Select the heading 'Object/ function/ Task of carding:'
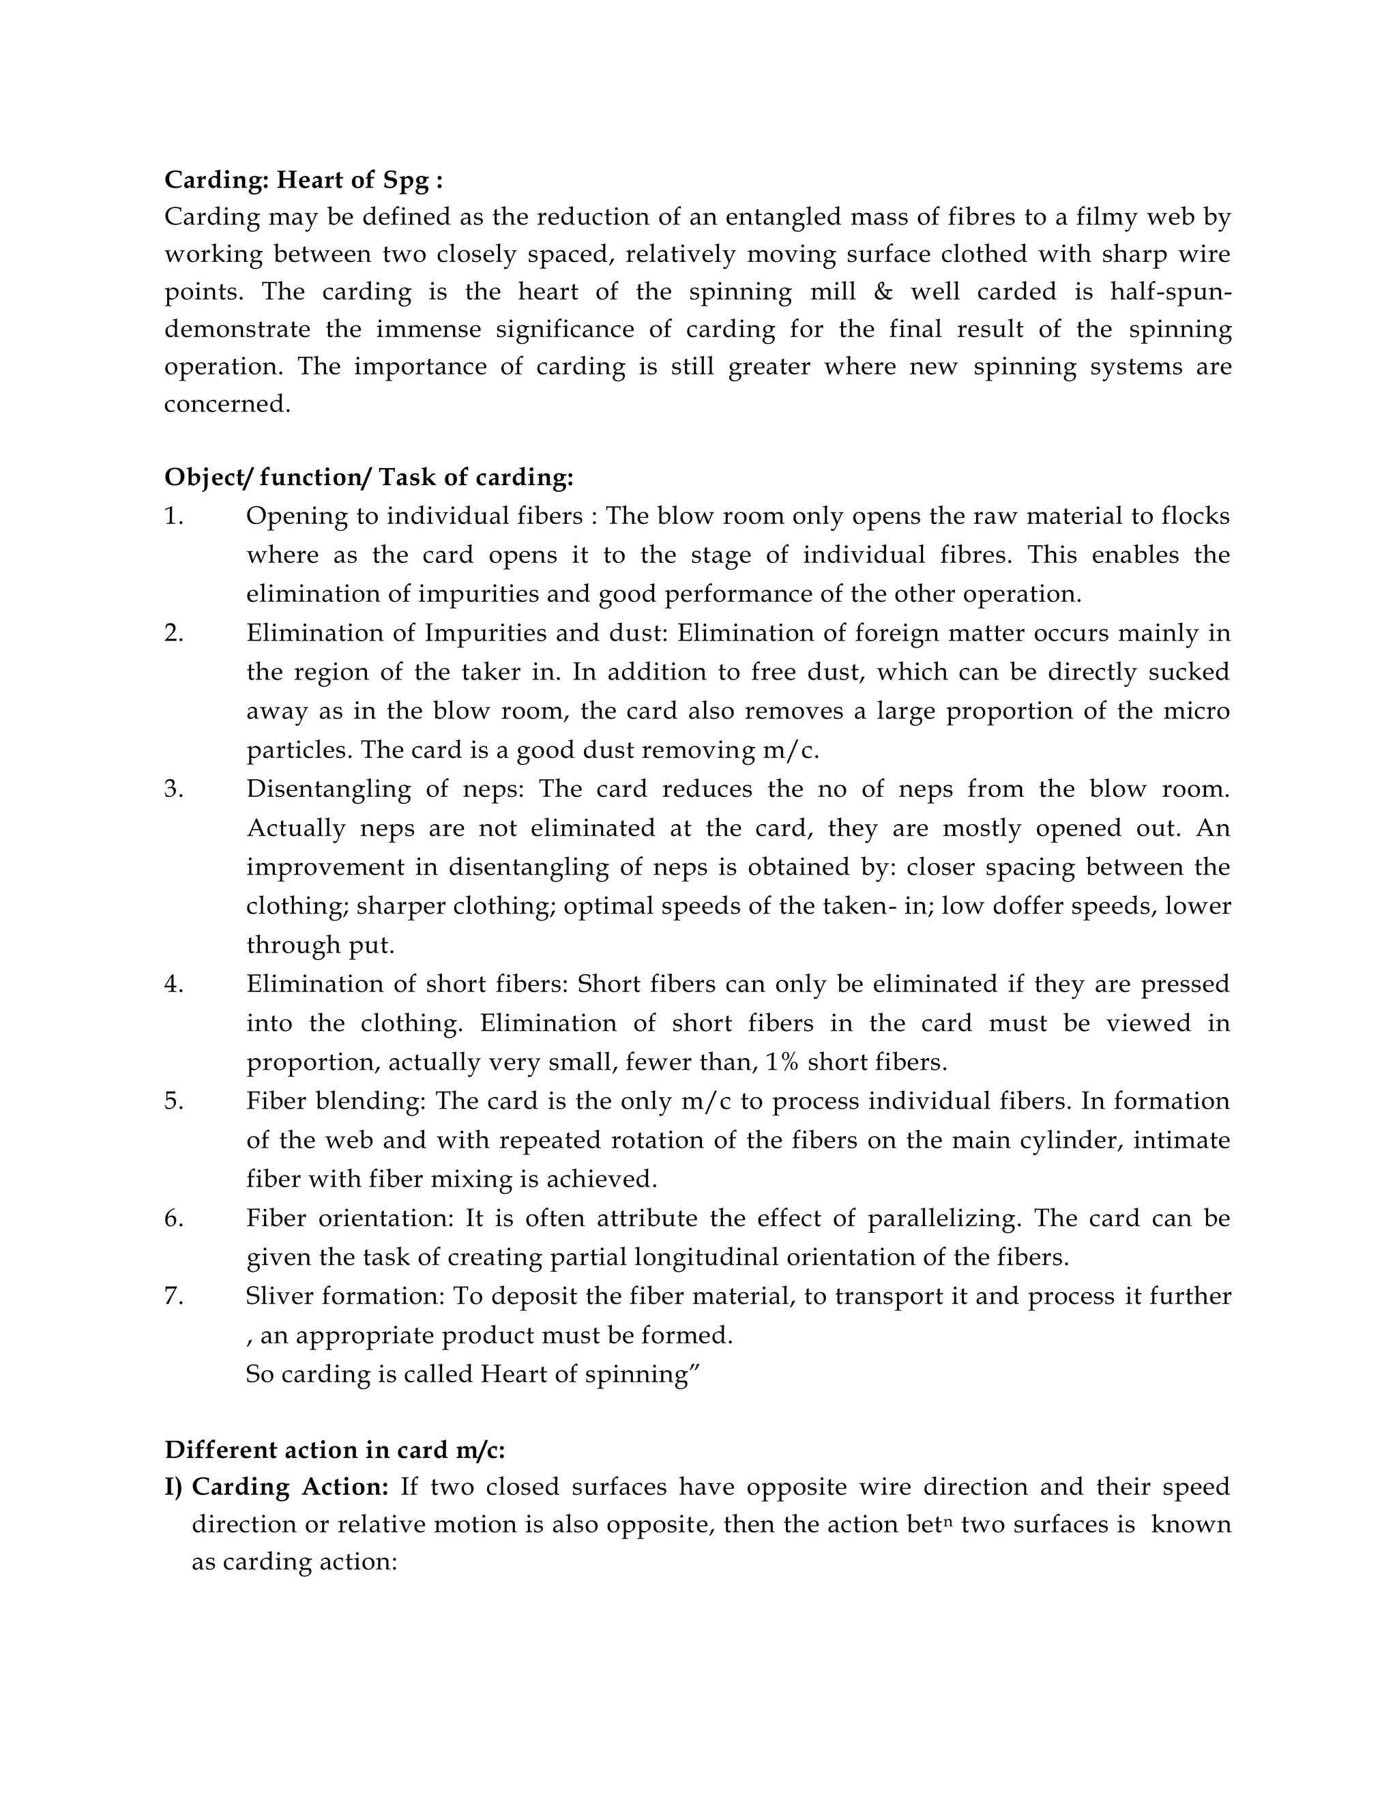368,478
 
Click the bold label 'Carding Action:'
290,1487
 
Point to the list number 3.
174,789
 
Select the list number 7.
174,1296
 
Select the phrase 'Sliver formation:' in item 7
345,1296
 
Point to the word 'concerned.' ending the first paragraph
228,405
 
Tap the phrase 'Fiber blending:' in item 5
335,1101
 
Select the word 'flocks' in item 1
1195,516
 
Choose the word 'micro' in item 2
1201,711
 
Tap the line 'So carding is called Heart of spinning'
473,1374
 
